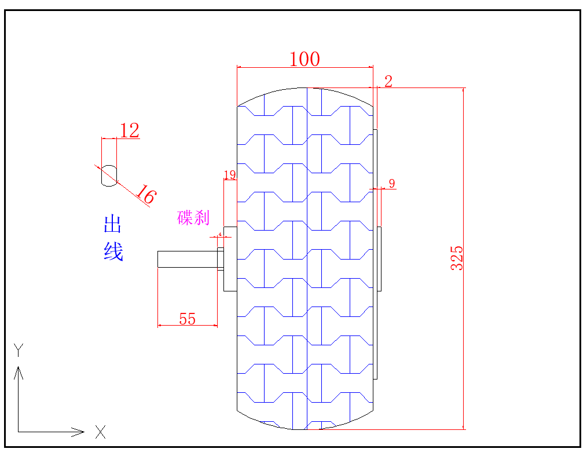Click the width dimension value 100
[304, 59]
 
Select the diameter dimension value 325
[457, 258]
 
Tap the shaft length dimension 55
[187, 319]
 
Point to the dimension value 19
[230, 175]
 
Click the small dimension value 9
[392, 184]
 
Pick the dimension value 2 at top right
[388, 81]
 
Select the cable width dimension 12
[130, 131]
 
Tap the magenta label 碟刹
[193, 218]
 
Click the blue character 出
[113, 224]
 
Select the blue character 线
[113, 251]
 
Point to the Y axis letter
[19, 349]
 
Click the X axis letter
[101, 432]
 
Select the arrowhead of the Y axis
[19, 371]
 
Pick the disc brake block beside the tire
[230, 258]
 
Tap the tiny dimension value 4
[220, 234]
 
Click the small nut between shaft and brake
[220, 259]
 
